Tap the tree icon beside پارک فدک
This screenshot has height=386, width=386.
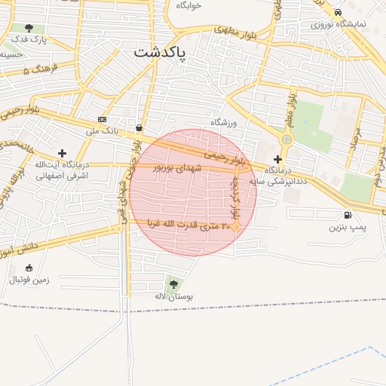coord(29,28)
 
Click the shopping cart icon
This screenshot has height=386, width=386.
coord(139,127)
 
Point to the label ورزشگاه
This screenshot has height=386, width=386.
coord(224,122)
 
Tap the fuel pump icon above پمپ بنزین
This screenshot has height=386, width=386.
coord(347,215)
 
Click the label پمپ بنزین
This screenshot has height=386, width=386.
coord(347,226)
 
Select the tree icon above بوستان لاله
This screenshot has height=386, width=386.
coord(174,284)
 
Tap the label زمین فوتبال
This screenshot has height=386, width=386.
coord(29,280)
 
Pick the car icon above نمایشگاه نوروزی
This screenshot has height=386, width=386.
coord(338,12)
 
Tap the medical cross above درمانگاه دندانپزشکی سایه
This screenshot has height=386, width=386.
coord(278,159)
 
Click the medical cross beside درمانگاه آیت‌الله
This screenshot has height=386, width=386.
coord(62,154)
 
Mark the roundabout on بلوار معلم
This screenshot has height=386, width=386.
coord(286,139)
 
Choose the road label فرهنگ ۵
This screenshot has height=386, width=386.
coord(36,71)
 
